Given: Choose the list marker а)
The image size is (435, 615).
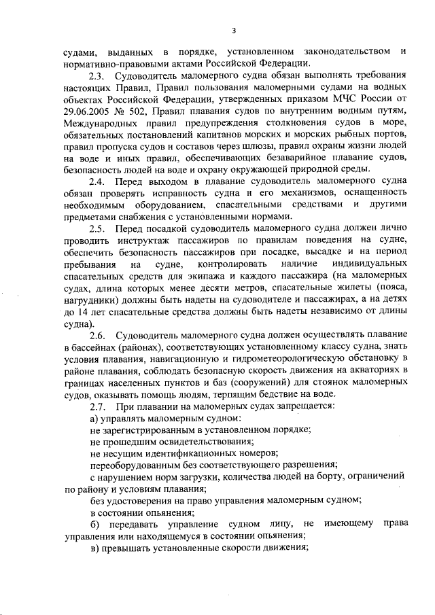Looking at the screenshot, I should click(x=95, y=418).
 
